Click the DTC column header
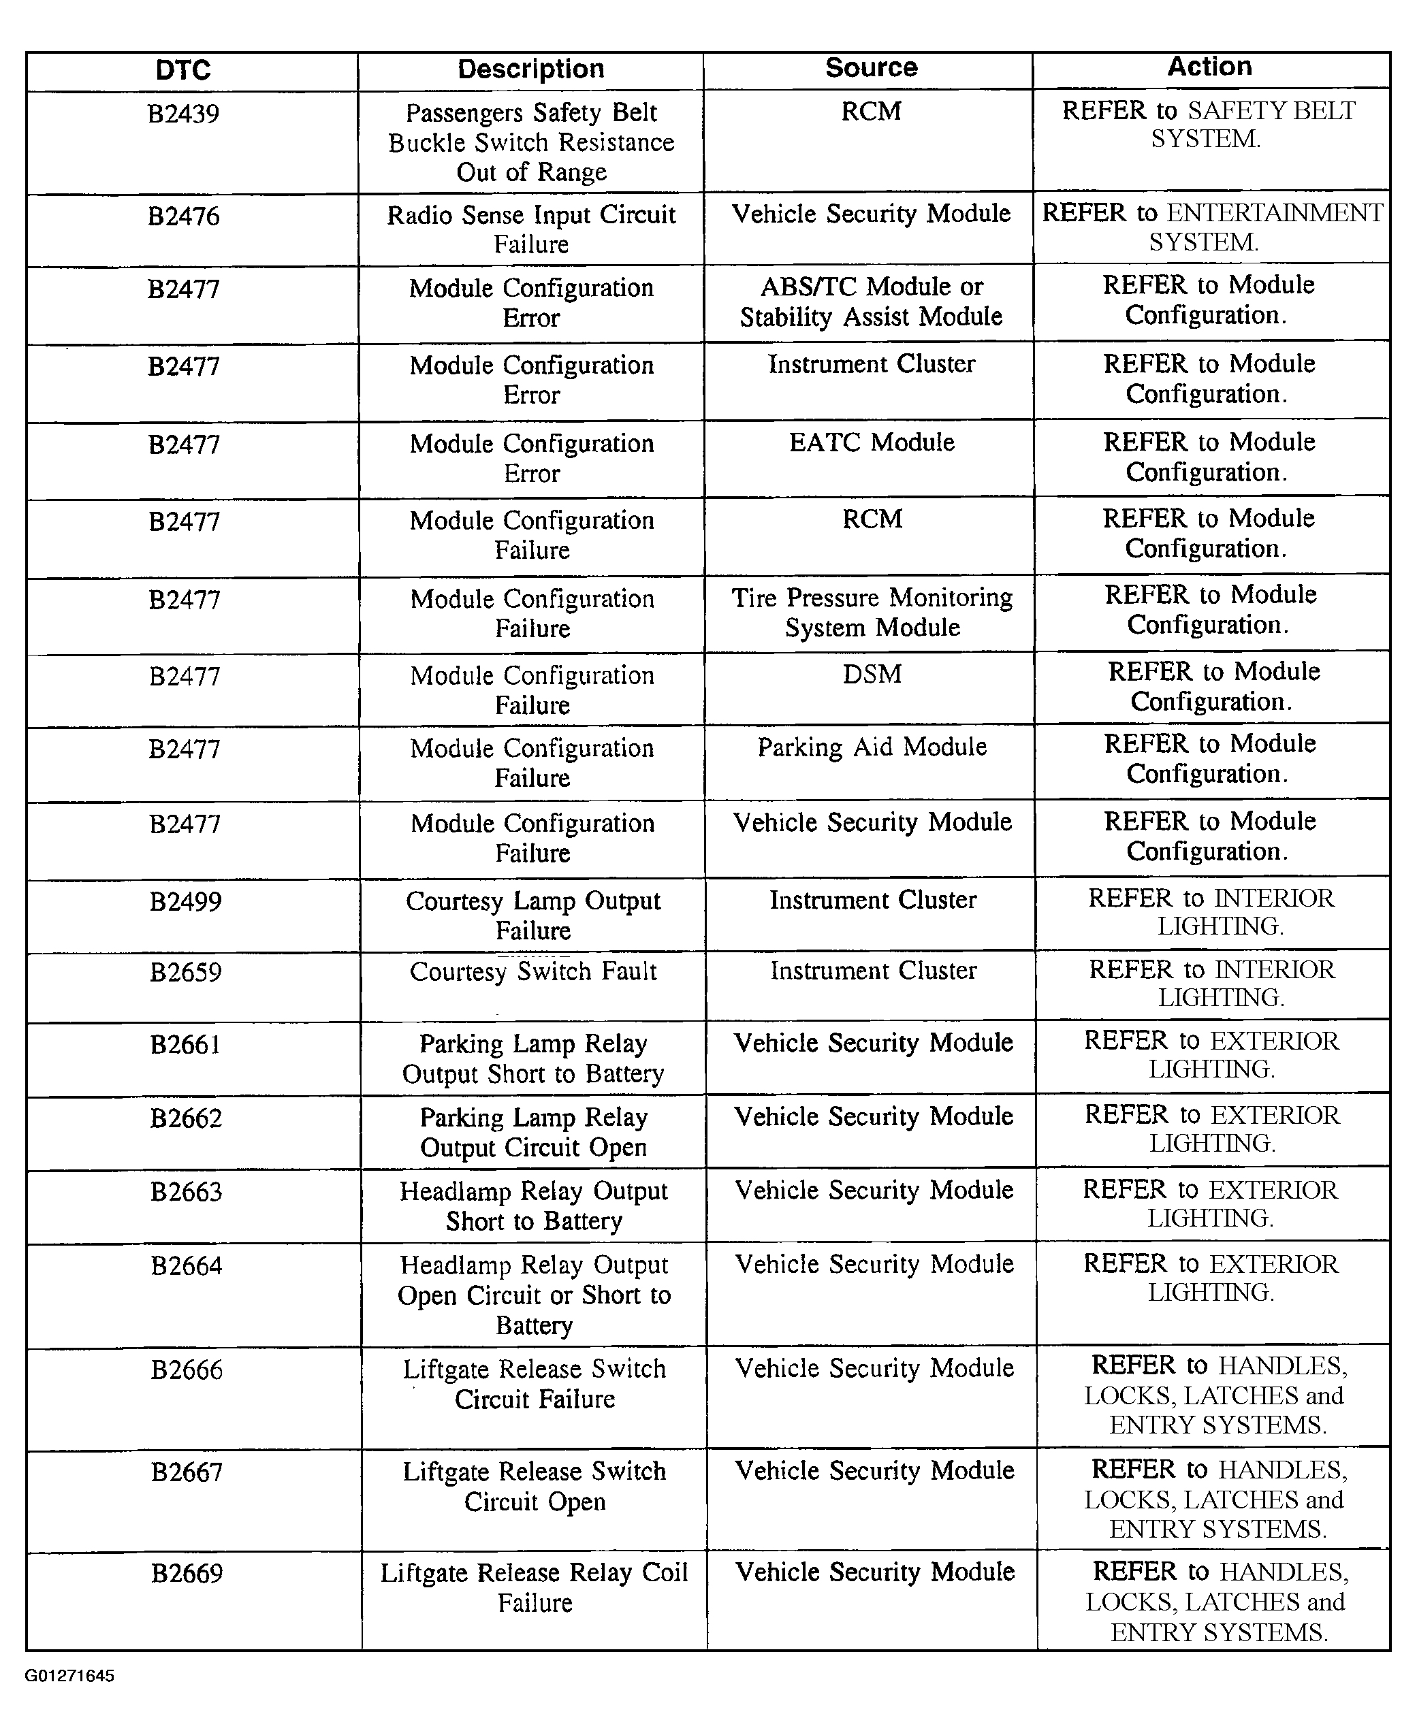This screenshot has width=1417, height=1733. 183,70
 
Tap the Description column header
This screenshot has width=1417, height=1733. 530,69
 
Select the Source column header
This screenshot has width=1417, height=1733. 871,67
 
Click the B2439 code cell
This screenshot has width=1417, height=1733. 183,114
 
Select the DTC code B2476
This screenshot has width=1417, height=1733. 183,216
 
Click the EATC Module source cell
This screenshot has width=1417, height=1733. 871,442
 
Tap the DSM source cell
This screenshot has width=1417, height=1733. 872,674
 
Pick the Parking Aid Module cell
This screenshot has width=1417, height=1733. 872,747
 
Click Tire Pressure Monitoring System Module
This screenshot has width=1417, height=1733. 872,612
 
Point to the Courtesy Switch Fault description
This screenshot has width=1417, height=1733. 533,971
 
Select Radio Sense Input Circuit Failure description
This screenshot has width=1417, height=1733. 531,229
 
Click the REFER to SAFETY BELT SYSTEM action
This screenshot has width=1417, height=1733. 1208,124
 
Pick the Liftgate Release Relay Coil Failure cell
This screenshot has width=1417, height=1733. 535,1587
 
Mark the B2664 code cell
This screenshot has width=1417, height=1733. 186,1265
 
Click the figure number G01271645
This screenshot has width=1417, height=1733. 69,1676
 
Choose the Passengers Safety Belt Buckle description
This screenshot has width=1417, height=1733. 531,142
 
